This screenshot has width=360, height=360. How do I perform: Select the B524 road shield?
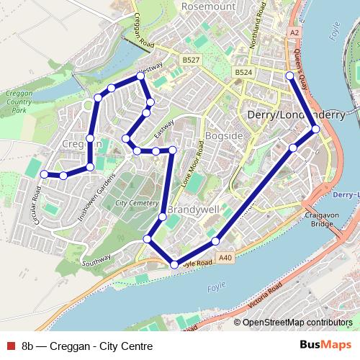[243, 73]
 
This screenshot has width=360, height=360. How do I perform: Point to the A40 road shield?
[225, 257]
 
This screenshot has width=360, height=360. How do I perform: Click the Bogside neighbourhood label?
[225, 135]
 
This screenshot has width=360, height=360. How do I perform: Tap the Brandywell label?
[192, 210]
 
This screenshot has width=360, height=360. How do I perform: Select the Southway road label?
[96, 260]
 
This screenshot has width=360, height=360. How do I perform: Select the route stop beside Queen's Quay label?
[289, 76]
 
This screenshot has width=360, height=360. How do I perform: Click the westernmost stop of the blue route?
[44, 174]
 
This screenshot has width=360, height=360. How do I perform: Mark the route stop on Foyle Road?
[174, 265]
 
